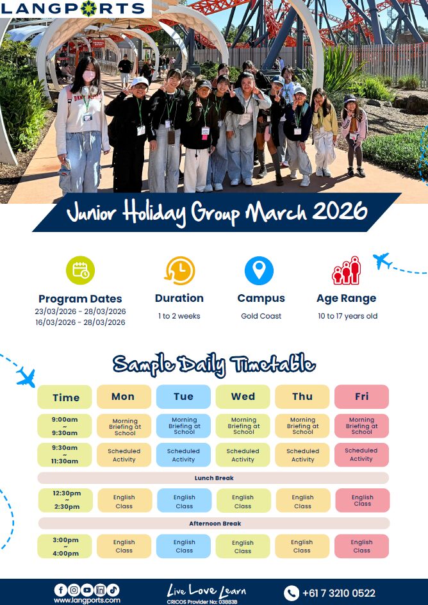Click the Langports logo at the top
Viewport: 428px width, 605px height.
point(72,8)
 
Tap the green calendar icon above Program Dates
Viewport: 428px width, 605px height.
point(80,270)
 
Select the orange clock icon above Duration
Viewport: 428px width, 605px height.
point(179,270)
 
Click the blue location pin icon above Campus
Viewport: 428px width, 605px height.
point(259,270)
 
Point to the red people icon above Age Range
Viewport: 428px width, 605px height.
point(346,270)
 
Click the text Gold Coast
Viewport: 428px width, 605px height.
point(261,316)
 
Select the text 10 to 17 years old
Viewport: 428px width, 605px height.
point(347,316)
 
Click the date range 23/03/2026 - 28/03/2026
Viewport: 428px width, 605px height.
point(80,311)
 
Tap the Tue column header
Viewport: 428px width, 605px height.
point(183,397)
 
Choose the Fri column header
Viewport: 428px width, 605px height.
point(361,397)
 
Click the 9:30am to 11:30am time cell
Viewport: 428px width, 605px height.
point(65,454)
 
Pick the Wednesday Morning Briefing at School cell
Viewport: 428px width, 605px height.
point(243,426)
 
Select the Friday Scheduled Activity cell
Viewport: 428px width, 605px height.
point(361,454)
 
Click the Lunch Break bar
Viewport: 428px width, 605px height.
point(213,478)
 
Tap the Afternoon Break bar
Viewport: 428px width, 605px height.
point(214,523)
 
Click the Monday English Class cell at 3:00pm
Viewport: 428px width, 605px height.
point(124,546)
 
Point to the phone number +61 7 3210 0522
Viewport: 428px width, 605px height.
point(338,593)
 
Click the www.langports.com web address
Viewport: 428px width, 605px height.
point(87,601)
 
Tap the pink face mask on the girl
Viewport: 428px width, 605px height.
point(89,76)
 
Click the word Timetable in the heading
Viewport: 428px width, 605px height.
point(272,364)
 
